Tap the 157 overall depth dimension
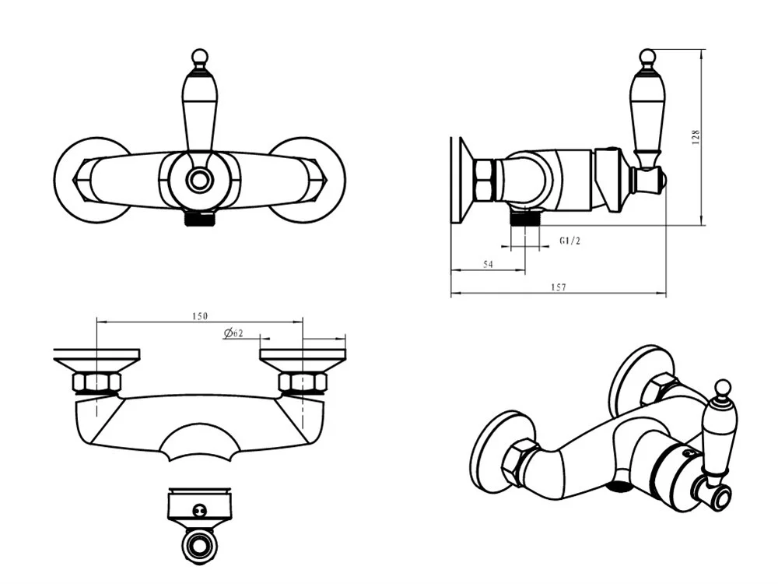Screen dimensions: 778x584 [558, 287]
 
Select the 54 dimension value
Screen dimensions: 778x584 [489, 264]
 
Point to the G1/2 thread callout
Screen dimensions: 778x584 [569, 241]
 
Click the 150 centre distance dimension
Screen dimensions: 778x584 [199, 316]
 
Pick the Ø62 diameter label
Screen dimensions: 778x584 [233, 332]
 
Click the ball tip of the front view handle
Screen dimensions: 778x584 [199, 56]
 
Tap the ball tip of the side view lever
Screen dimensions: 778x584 [647, 56]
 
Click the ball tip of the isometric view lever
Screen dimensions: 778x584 [723, 388]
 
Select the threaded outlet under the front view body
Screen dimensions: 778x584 [199, 219]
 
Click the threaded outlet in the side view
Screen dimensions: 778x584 [525, 216]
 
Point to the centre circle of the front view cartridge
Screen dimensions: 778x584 [199, 180]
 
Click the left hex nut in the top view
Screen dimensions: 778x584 [96, 383]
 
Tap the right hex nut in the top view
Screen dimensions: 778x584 [303, 383]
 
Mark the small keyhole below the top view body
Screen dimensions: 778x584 [199, 509]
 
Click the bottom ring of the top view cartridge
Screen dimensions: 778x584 [199, 545]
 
